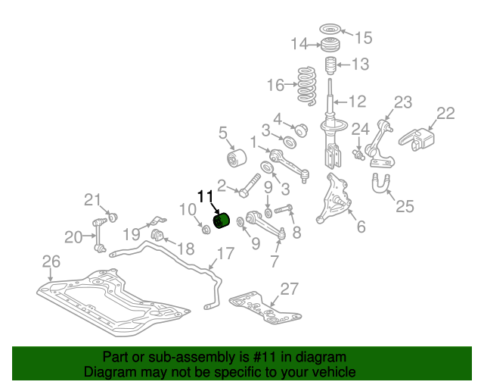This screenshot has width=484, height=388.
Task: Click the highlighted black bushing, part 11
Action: coord(222,220)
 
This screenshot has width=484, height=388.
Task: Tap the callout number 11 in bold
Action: coord(206,196)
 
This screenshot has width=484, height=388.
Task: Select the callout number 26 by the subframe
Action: coord(50,261)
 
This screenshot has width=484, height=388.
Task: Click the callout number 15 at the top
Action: coord(364,36)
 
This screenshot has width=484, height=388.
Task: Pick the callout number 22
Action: coord(445,113)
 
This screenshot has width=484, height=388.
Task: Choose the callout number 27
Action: coord(290,288)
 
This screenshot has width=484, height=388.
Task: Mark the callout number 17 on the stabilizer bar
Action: coord(225,253)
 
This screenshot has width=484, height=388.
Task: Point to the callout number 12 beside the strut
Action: coord(357,100)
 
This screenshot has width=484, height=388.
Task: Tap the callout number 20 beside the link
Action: coord(73,237)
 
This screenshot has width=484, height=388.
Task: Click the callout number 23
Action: coord(403,102)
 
